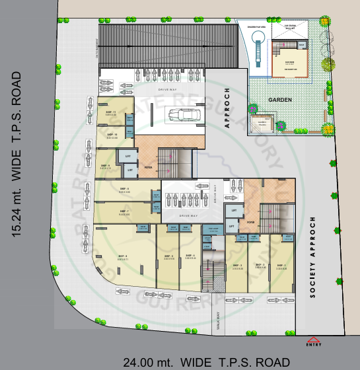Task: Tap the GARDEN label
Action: tap(279, 99)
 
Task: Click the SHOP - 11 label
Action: tap(110, 112)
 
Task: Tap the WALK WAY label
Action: tap(217, 324)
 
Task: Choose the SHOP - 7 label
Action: tap(124, 212)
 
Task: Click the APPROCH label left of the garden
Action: tap(227, 107)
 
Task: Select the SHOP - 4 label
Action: tap(190, 256)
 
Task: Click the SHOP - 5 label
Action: tap(168, 256)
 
